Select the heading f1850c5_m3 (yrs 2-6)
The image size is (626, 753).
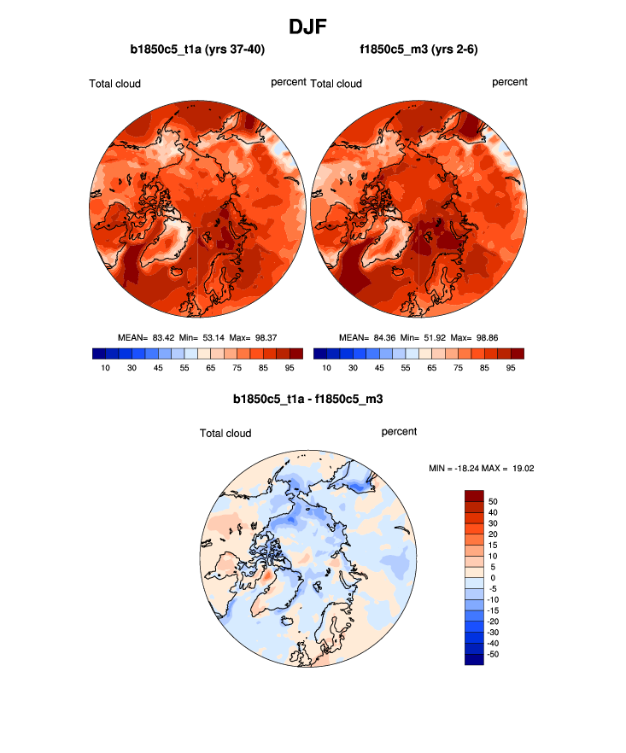(418, 50)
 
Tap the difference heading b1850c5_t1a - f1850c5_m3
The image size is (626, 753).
(313, 398)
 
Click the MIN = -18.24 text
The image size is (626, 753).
(457, 468)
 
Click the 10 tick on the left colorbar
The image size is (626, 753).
(105, 368)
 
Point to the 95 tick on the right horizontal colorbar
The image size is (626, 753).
(510, 368)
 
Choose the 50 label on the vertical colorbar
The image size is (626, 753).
(494, 501)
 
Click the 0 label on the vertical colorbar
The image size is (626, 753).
(494, 577)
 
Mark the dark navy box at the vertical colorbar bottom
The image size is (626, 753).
(474, 658)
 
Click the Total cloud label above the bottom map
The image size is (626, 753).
(225, 434)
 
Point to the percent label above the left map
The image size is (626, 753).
(289, 83)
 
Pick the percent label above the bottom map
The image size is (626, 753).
(399, 432)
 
